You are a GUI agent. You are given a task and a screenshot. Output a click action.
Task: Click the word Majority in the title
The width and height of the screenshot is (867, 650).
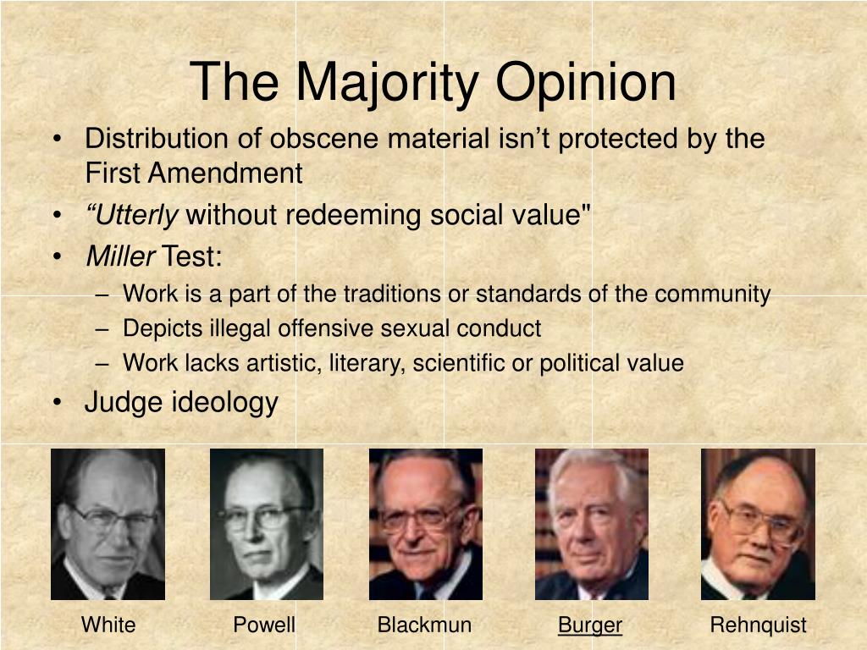click(x=387, y=83)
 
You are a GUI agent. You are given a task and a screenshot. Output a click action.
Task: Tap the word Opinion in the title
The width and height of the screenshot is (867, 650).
click(x=586, y=83)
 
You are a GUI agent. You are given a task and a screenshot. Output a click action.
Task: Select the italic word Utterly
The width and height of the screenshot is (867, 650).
click(x=132, y=215)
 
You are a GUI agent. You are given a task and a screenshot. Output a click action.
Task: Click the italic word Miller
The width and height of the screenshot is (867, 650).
click(x=120, y=256)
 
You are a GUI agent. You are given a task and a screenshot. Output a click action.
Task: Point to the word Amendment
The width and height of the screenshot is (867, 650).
click(x=225, y=173)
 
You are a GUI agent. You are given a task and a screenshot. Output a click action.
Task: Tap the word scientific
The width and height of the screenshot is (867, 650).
click(x=458, y=363)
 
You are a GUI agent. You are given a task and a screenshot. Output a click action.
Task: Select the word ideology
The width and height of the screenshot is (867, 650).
click(x=224, y=402)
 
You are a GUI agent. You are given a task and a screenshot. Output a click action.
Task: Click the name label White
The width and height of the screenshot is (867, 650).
click(x=108, y=625)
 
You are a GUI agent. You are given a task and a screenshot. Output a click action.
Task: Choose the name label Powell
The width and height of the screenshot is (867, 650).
click(x=264, y=625)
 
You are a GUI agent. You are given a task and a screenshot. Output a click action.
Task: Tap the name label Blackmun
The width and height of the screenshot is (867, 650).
click(x=425, y=625)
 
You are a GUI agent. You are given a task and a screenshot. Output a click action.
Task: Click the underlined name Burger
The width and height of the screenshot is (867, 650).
click(x=590, y=625)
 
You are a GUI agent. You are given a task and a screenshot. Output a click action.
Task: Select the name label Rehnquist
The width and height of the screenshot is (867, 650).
click(x=758, y=625)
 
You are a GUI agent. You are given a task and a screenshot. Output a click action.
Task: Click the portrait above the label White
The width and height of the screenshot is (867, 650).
click(x=108, y=524)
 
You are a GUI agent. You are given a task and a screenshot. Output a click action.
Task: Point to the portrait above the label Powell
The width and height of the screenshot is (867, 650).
click(x=267, y=524)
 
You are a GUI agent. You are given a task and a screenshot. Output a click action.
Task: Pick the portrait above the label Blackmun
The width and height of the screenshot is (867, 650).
click(x=426, y=524)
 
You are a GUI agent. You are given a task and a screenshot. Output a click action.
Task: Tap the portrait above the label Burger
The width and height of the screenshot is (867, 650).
click(x=592, y=524)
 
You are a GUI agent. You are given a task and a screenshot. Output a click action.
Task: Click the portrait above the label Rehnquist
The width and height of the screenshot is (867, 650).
click(x=758, y=524)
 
